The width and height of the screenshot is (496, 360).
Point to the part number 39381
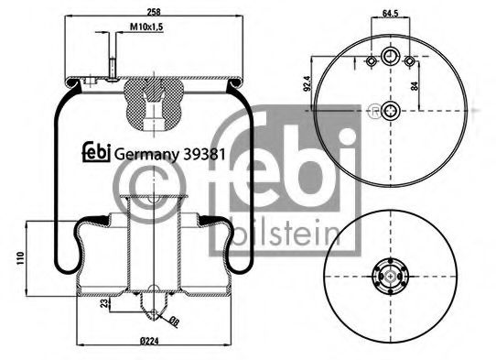click(x=203, y=154)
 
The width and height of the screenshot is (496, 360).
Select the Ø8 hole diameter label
click(x=173, y=321)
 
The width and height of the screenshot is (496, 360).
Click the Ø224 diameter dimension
click(x=150, y=342)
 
